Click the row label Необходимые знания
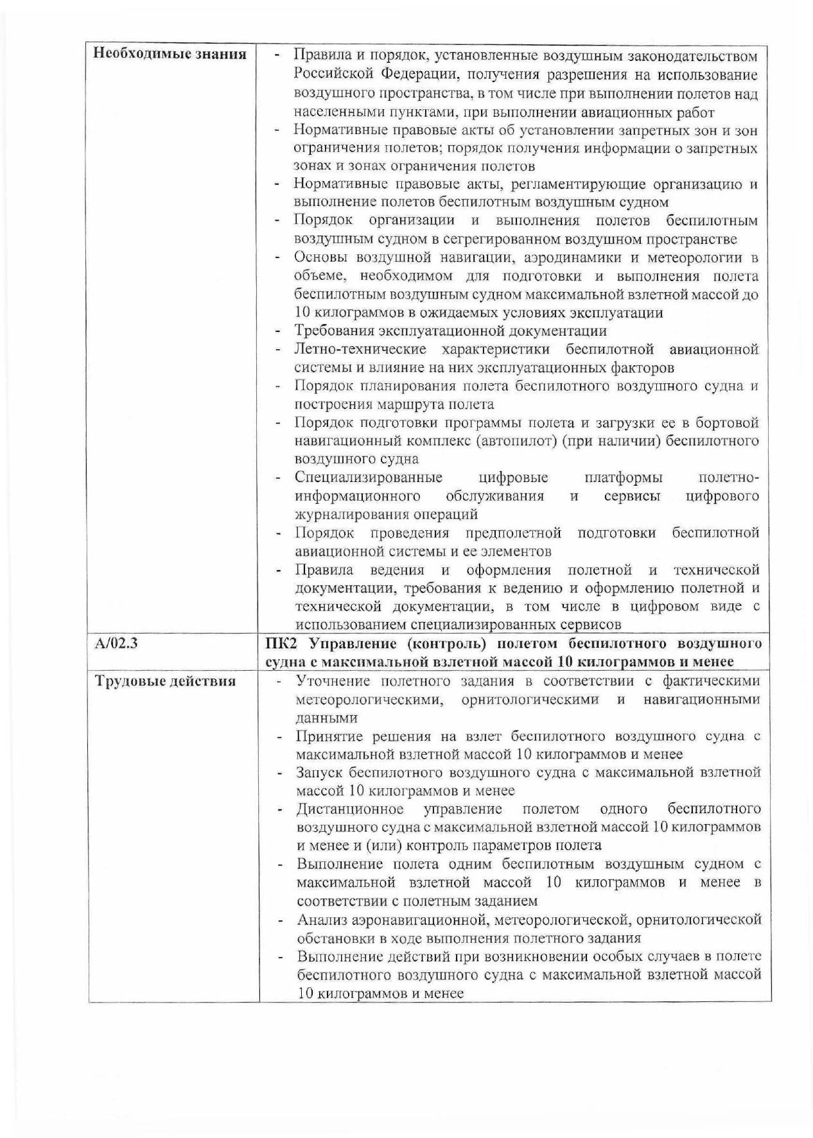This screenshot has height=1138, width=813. click(x=170, y=53)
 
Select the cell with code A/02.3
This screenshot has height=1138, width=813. click(x=116, y=643)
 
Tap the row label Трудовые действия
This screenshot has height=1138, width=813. click(x=165, y=681)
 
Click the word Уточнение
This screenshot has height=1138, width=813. click(x=334, y=681)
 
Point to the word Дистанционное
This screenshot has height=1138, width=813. click(x=350, y=809)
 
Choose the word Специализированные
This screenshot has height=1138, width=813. click(x=369, y=478)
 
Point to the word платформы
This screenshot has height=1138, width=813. click(x=624, y=478)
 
